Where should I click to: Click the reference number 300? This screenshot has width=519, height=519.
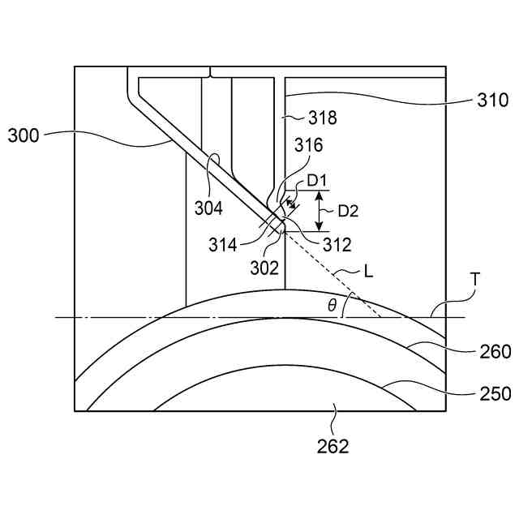(24, 135)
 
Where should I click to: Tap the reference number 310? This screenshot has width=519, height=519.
(492, 101)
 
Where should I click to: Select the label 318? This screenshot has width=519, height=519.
(322, 118)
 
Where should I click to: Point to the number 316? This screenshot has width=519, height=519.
(308, 146)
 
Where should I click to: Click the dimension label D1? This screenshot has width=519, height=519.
(317, 179)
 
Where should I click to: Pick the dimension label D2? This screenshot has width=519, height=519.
(348, 211)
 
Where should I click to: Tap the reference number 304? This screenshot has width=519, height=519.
(208, 208)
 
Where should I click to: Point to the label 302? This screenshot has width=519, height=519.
(264, 268)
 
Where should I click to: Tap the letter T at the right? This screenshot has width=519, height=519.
(474, 280)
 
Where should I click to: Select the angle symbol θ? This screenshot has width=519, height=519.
(331, 305)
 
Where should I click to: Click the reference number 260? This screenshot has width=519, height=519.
(495, 352)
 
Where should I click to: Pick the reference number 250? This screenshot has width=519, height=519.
(495, 393)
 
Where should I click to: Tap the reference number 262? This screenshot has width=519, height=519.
(333, 445)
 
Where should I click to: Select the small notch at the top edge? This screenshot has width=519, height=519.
(210, 72)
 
